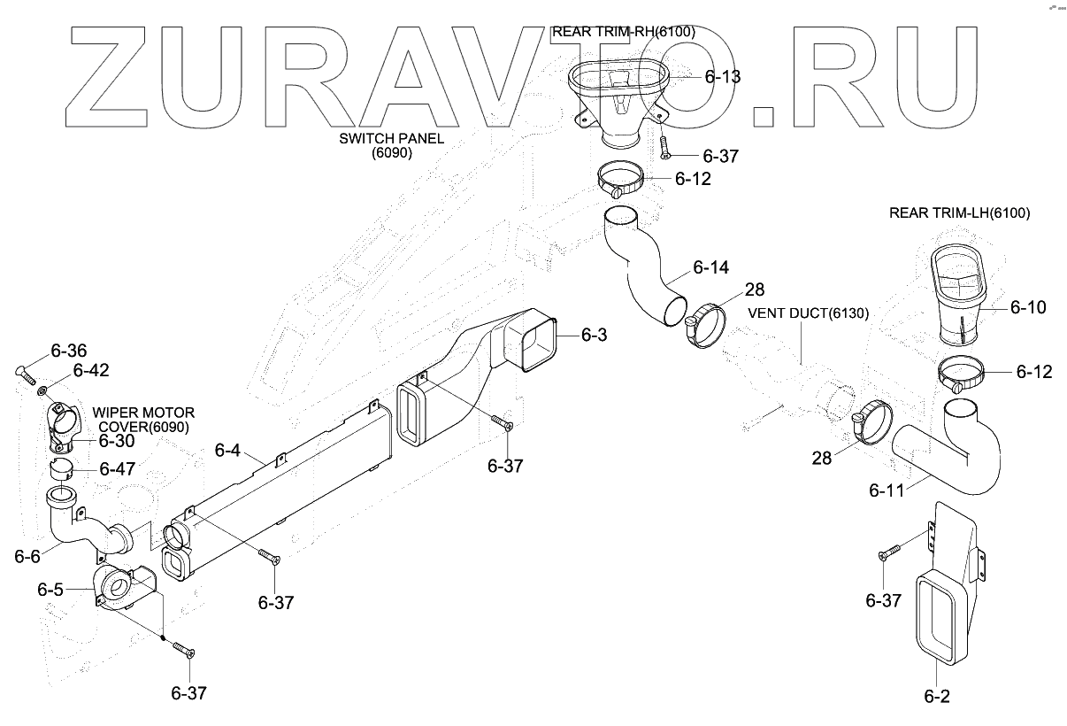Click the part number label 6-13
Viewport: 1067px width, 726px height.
(723, 77)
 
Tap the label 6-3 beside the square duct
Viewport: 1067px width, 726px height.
(595, 334)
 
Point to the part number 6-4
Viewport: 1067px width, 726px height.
(227, 451)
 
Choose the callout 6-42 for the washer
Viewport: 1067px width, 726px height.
(90, 370)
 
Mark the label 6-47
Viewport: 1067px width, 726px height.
(117, 468)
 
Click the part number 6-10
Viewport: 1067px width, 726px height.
(1028, 307)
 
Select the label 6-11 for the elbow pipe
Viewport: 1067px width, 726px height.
(887, 490)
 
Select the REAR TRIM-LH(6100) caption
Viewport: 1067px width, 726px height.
(959, 212)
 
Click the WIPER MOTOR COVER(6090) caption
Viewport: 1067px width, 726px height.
(143, 420)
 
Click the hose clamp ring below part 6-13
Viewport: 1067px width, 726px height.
(631, 180)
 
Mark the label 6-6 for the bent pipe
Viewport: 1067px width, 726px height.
(27, 556)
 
